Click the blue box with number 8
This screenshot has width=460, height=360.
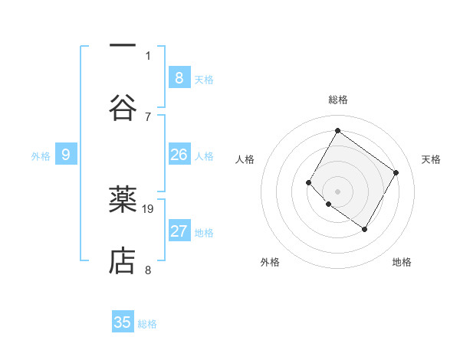[179, 77]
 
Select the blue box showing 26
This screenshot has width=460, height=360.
[179, 155]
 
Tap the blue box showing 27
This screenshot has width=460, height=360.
[179, 231]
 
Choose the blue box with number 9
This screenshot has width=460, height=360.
[66, 155]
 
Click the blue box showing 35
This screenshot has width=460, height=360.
[123, 322]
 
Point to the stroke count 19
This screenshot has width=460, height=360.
[149, 208]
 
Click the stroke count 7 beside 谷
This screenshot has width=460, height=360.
[148, 116]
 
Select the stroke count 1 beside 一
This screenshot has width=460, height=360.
[148, 55]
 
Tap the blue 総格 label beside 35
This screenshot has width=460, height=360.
[147, 324]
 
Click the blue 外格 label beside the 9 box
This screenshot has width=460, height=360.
[41, 156]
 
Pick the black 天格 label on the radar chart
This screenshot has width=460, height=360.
[431, 159]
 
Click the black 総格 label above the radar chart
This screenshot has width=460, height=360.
[337, 100]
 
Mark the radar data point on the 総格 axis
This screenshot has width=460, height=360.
[337, 130]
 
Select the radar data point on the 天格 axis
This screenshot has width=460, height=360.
[396, 172]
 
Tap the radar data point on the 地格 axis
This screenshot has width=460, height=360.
[364, 229]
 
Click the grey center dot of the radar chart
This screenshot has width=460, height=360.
[337, 191]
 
